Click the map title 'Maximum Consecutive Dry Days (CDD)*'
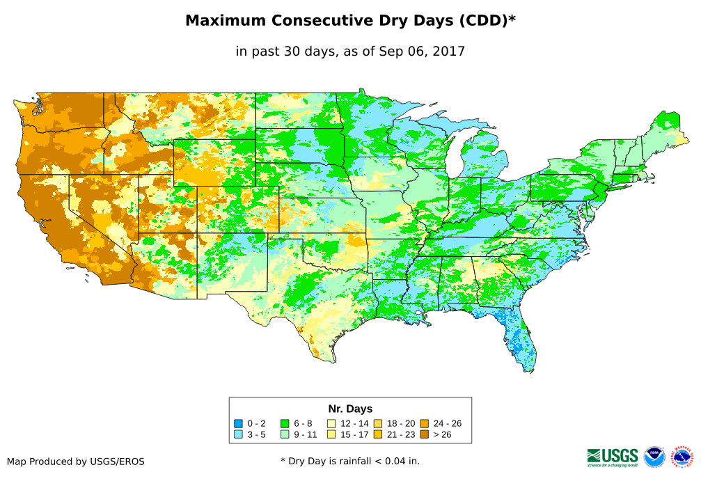(350, 21)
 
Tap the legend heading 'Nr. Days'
(350, 409)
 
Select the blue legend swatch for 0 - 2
(238, 423)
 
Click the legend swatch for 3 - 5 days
(238, 434)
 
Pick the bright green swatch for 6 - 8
(285, 423)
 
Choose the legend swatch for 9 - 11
(285, 434)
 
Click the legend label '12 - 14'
(355, 423)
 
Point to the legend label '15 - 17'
(355, 434)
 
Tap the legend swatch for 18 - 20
(377, 423)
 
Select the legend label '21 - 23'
(401, 434)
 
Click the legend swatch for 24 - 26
(424, 423)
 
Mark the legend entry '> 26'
(443, 434)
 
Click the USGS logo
(613, 457)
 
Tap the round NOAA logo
(654, 457)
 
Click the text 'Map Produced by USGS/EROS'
(76, 462)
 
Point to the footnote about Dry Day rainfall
(350, 461)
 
